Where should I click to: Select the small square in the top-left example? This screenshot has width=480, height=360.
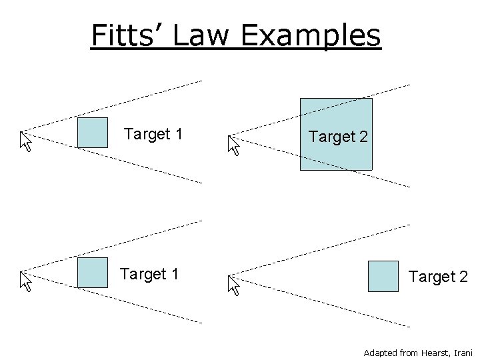pos(92,133)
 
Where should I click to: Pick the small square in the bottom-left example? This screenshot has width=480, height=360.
pos(92,273)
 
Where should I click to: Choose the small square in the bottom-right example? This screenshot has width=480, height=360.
pos(383,276)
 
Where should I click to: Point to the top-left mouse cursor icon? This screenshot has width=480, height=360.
pos(25,141)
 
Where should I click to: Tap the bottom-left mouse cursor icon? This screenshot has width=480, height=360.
pos(25,281)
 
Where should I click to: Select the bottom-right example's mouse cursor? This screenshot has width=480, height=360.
pos(233,285)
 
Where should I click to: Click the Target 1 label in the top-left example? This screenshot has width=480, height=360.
pos(154,134)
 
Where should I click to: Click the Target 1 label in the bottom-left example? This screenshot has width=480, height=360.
pos(149,274)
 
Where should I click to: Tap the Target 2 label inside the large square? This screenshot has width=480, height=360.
pos(337,137)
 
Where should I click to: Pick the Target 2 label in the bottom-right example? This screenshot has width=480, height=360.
pos(438,277)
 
